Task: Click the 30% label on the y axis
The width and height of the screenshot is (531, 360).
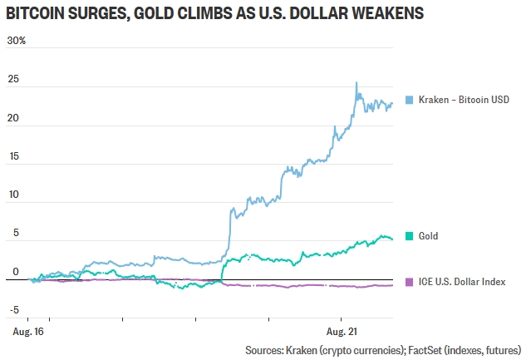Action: tap(17, 41)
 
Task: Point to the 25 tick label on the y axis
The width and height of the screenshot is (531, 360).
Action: tap(13, 79)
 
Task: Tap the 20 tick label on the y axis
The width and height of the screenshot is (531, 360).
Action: tap(13, 118)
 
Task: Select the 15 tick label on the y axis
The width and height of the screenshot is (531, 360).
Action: tap(14, 156)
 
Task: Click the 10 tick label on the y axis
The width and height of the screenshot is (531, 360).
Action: tap(14, 195)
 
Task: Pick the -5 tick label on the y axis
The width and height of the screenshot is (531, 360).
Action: tap(14, 310)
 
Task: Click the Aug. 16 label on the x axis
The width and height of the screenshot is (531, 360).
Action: tap(28, 332)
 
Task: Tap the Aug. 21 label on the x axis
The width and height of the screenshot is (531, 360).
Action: tap(342, 332)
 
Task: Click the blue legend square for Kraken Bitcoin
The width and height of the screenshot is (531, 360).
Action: tap(409, 100)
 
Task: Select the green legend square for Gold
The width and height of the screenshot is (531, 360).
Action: tap(409, 236)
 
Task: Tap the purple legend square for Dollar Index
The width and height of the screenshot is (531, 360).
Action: tap(409, 282)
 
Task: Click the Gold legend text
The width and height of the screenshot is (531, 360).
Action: tap(428, 236)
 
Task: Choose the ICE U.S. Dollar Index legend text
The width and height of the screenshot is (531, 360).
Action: tap(462, 282)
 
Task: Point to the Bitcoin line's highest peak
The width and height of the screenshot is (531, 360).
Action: tap(356, 82)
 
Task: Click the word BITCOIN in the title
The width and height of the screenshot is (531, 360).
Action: tap(35, 13)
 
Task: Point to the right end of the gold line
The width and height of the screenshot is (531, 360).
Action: tap(392, 239)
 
